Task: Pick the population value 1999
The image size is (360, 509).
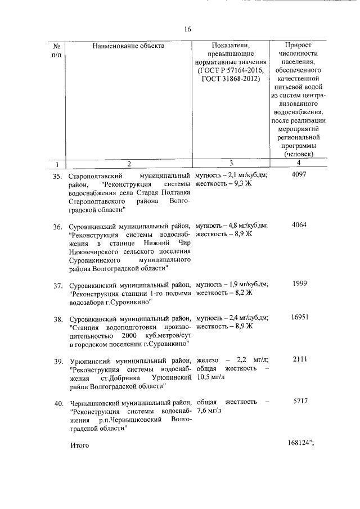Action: click(x=299, y=283)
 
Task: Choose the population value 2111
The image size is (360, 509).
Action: click(x=299, y=359)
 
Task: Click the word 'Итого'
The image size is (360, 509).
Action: click(x=80, y=445)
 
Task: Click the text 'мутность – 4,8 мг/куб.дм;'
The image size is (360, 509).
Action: click(x=232, y=226)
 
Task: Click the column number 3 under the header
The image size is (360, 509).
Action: click(x=231, y=164)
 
